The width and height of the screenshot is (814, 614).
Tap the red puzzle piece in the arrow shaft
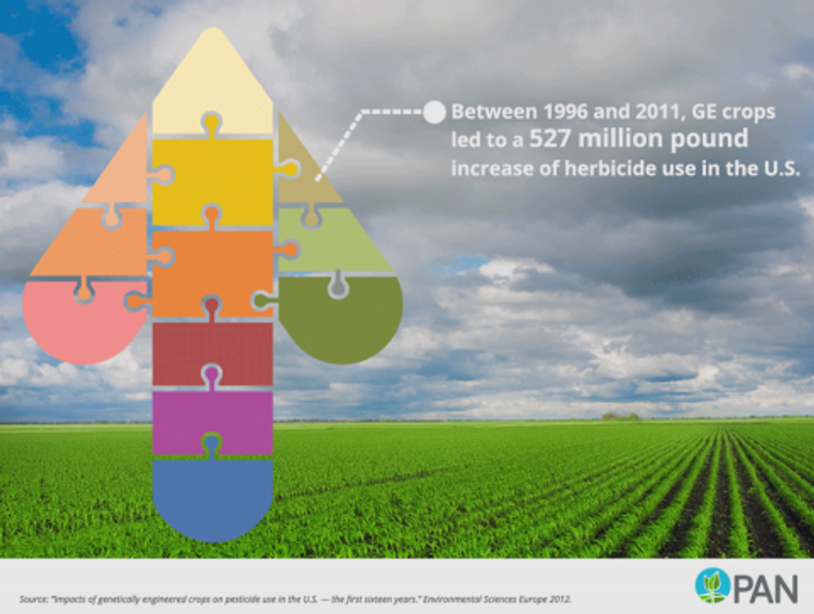point(213,351)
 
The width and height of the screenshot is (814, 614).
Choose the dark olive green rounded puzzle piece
point(341,322)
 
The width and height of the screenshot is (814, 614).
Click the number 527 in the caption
point(550,140)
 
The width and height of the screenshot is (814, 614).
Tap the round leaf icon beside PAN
point(713,586)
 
